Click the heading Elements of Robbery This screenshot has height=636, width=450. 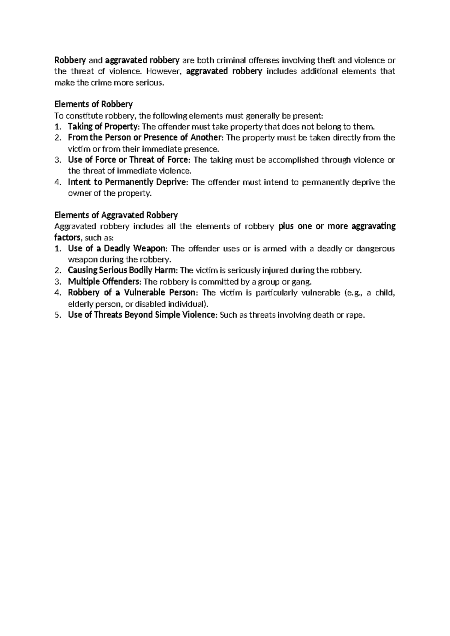(x=93, y=104)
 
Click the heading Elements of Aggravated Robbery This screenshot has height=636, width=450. (x=116, y=215)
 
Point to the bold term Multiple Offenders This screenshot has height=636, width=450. (x=104, y=282)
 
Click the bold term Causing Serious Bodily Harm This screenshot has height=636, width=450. (x=121, y=270)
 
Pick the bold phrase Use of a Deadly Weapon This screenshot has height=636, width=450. (x=116, y=248)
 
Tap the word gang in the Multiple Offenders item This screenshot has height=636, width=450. (x=303, y=282)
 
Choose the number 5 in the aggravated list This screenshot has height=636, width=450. (x=57, y=315)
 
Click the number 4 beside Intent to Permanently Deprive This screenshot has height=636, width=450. (x=57, y=182)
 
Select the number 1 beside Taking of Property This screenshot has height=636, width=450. (x=57, y=126)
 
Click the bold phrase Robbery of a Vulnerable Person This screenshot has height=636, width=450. (x=131, y=292)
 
